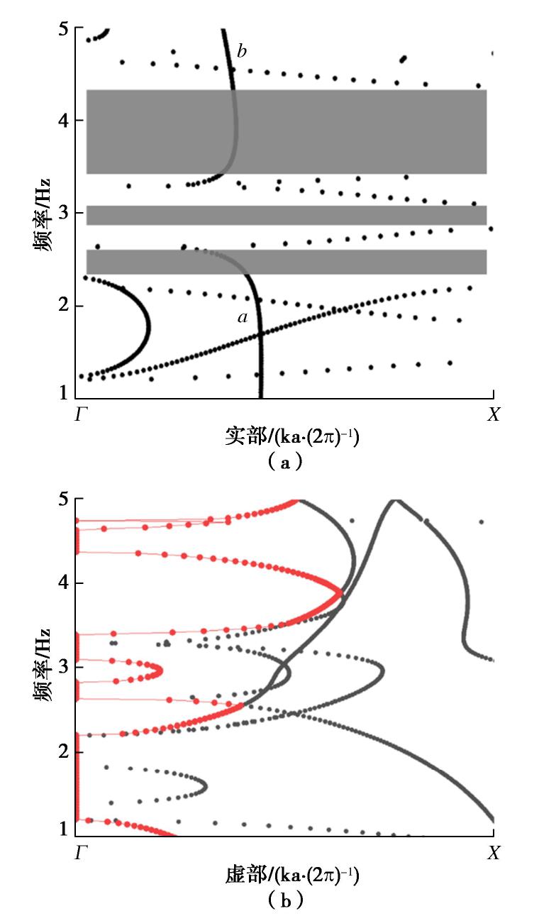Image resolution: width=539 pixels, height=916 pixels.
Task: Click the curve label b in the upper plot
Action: (242, 51)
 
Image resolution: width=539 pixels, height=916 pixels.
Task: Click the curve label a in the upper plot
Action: (243, 318)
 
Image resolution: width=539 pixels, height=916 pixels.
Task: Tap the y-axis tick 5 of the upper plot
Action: (65, 30)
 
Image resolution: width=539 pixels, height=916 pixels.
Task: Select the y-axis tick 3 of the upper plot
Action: (65, 213)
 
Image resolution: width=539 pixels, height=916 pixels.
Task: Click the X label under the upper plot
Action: (494, 415)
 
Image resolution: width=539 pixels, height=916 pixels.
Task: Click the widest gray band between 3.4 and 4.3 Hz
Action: (287, 131)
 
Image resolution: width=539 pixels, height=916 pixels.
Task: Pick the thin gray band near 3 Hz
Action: (287, 215)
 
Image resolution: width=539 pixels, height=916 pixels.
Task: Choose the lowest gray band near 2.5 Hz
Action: (287, 262)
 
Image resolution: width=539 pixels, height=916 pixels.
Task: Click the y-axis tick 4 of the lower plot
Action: (65, 583)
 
